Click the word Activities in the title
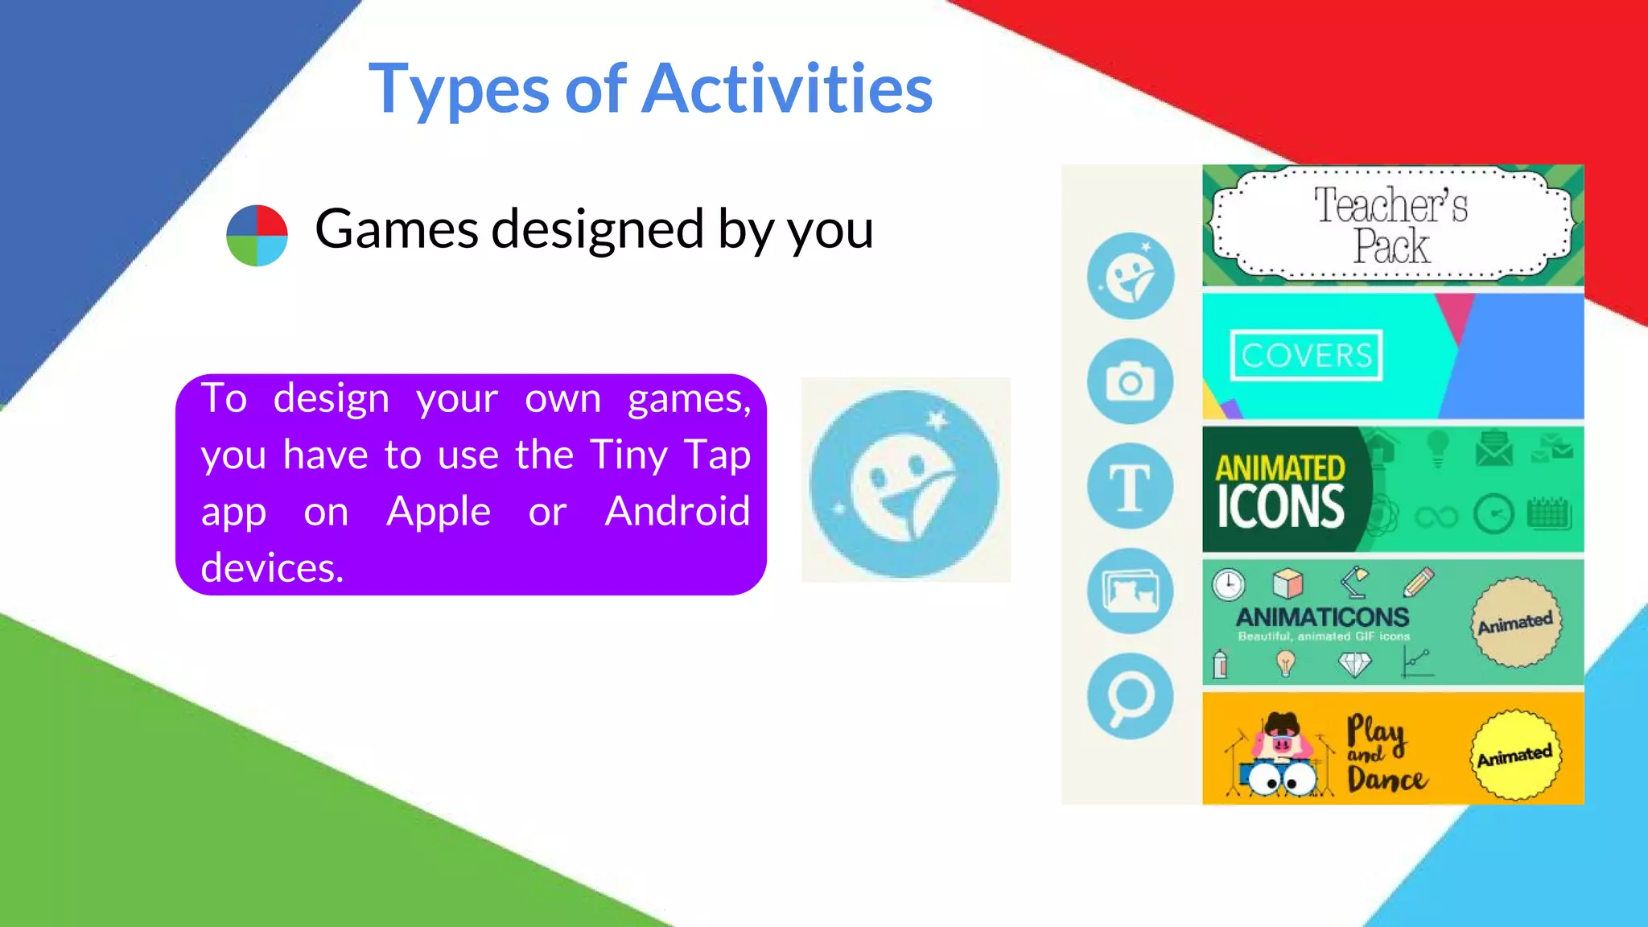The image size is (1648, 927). click(789, 89)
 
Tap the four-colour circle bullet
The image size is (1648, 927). click(257, 235)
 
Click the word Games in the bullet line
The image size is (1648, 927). click(397, 229)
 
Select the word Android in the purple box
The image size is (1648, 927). click(678, 511)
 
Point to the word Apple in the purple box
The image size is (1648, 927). click(439, 511)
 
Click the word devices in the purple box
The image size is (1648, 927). click(271, 568)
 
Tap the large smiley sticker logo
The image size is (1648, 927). click(904, 484)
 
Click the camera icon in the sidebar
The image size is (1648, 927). click(1130, 381)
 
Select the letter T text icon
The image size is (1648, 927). click(1130, 486)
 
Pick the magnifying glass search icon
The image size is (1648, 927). click(1130, 696)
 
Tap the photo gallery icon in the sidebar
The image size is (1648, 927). click(1130, 591)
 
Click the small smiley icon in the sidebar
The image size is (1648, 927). click(1130, 276)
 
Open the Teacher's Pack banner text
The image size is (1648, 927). click(1391, 225)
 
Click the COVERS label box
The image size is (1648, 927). click(1306, 355)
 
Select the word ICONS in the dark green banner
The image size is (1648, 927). click(1280, 507)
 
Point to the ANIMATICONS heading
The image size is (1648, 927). click(1322, 617)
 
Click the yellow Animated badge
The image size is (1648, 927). click(1514, 755)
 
